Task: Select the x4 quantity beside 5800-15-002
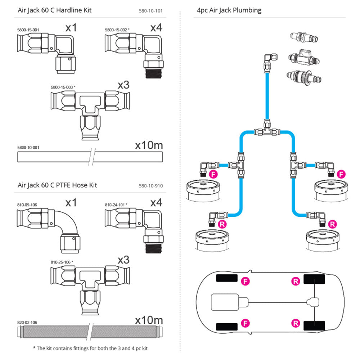click(156, 28)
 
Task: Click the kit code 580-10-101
click(150, 11)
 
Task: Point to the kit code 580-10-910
click(150, 186)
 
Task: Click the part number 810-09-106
click(27, 205)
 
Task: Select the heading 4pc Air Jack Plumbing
click(229, 10)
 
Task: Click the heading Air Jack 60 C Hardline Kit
click(54, 10)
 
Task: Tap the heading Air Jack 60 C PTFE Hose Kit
click(57, 185)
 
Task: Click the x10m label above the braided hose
click(149, 320)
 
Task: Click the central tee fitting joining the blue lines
click(267, 131)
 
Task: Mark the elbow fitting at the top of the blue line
click(270, 59)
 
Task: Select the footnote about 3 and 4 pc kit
click(90, 348)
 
